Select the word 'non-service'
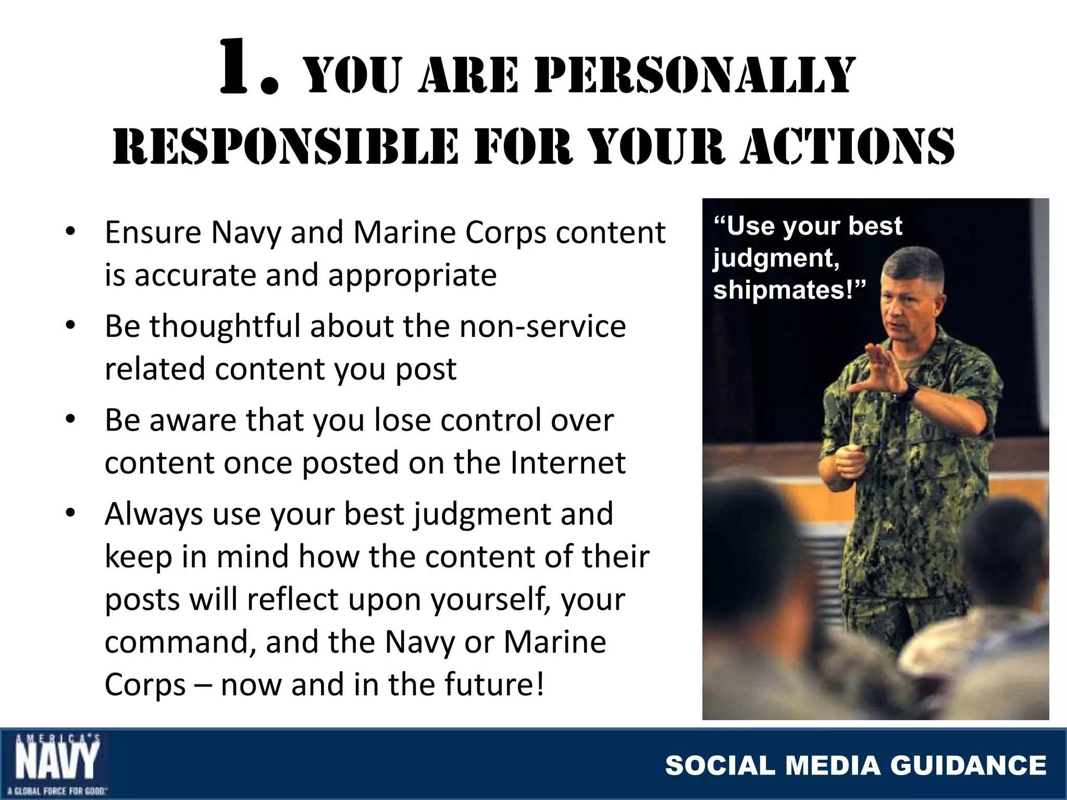click(x=542, y=327)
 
